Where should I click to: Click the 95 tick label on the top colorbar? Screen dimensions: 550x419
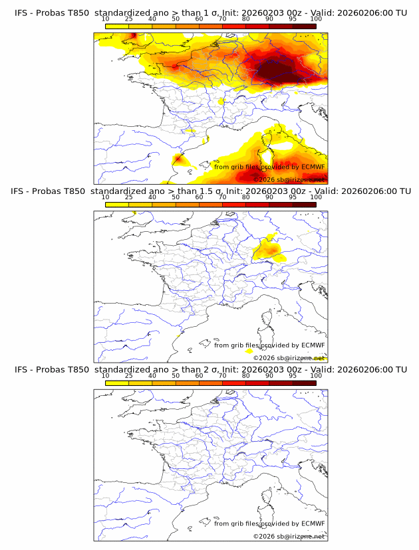pos(293,19)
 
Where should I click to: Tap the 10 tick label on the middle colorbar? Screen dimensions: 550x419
pos(106,197)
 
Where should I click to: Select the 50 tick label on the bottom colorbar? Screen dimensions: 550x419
pos(176,376)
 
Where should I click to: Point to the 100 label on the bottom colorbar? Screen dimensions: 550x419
pos(316,376)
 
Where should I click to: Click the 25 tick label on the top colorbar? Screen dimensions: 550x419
pos(129,19)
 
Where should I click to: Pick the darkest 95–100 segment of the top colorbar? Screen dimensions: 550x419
pos(304,26)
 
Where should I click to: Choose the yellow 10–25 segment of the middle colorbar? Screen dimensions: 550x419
pos(117,205)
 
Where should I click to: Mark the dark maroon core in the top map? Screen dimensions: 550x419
pos(279,70)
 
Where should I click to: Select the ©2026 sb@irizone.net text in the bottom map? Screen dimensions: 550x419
pos(289,536)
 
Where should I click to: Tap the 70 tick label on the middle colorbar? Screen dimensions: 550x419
pos(222,197)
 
